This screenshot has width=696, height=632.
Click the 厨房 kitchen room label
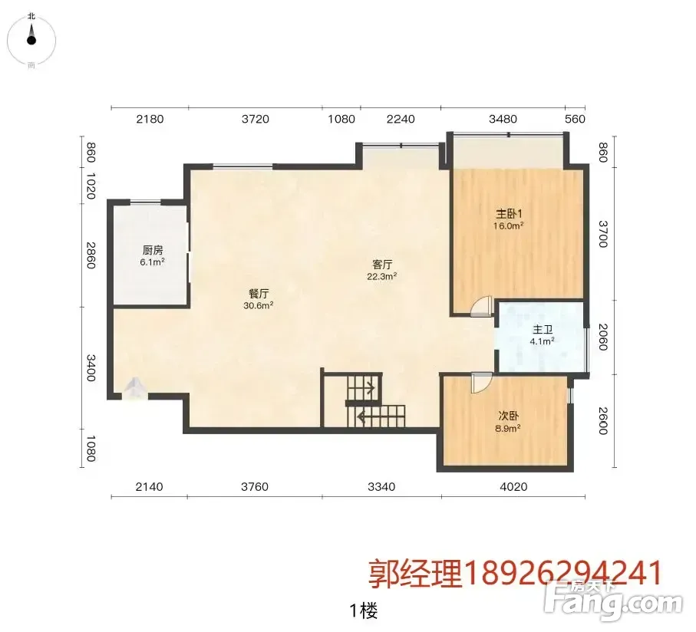point(153,250)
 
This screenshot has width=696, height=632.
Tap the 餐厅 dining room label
point(259,294)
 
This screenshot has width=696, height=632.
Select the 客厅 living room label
point(382,265)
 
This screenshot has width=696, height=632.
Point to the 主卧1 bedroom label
point(509,214)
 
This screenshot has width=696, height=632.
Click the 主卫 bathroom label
point(543,330)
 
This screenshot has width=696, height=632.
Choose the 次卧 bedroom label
point(508,416)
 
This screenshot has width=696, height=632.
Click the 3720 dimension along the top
point(256,119)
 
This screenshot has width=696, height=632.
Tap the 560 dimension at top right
point(575,119)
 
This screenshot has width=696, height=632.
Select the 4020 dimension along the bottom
point(513,487)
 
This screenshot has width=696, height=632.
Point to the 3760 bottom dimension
point(255,487)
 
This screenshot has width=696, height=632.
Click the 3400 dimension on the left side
point(91,367)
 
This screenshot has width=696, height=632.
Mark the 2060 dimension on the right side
point(603,337)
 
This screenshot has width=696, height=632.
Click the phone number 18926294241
point(562,573)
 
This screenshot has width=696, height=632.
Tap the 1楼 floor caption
point(364,611)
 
